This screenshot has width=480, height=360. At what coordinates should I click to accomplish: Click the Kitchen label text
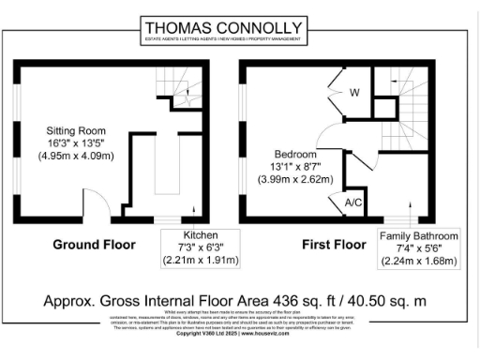[x=201, y=234]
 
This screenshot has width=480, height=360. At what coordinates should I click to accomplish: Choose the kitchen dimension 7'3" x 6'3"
[x=201, y=247]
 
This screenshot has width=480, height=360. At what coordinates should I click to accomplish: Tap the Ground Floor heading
[x=94, y=245]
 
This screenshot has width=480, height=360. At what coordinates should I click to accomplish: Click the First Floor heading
[x=333, y=245]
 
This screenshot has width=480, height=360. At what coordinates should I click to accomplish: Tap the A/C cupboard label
[x=354, y=202]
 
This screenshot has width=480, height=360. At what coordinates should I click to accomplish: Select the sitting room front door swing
[x=94, y=204]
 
